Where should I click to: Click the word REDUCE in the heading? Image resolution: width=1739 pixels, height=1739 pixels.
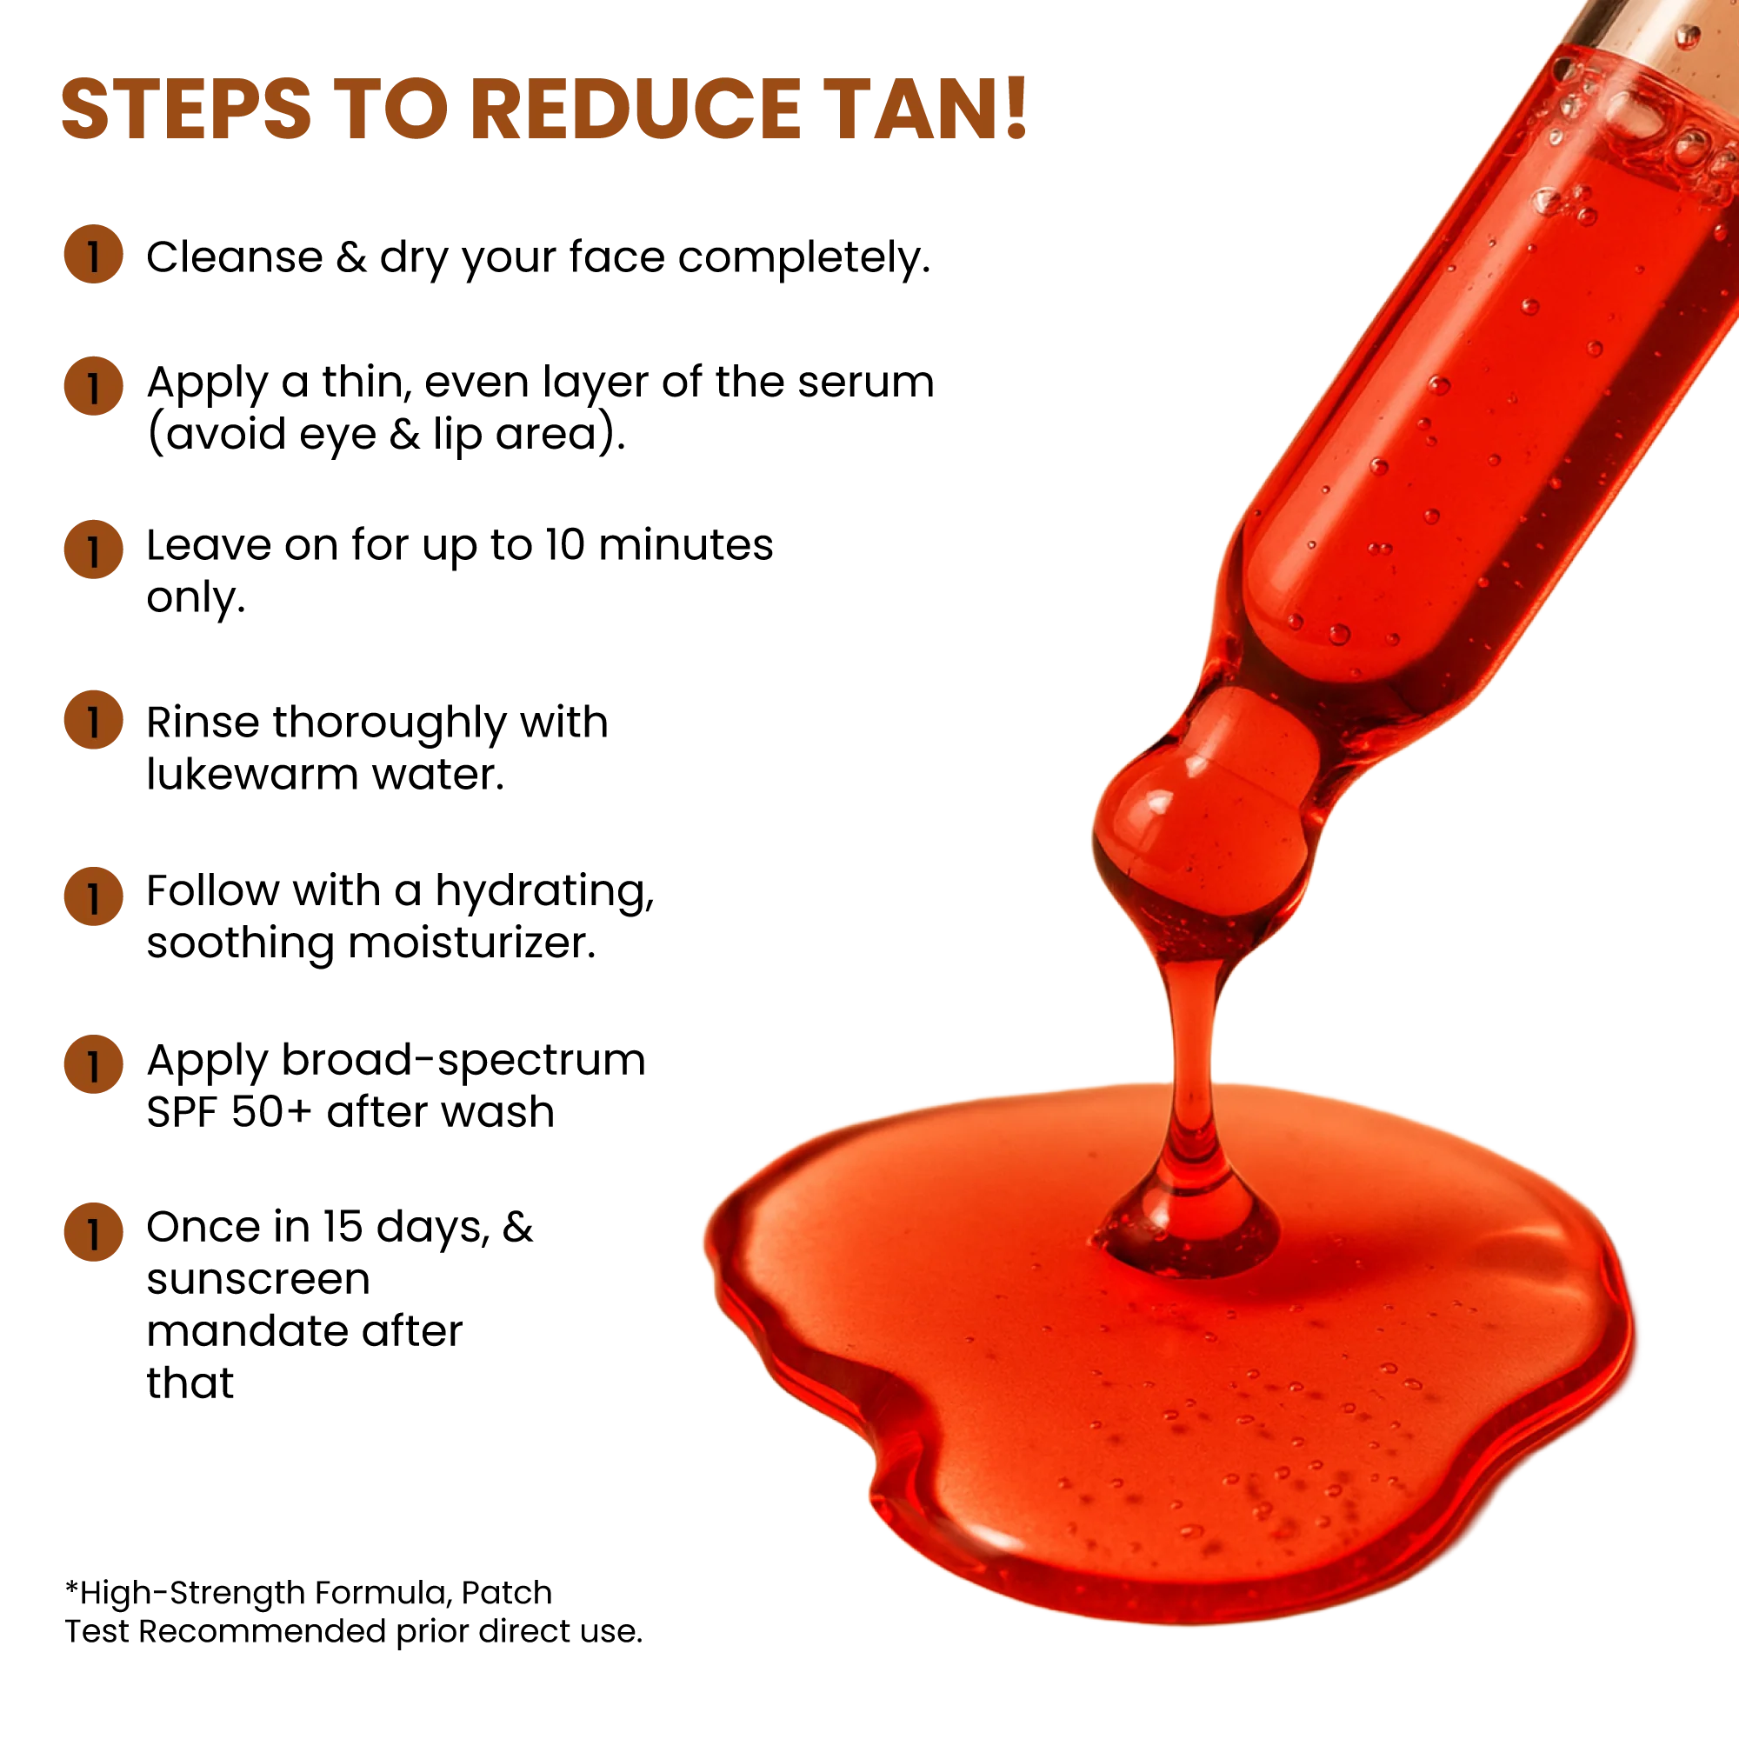coord(635,109)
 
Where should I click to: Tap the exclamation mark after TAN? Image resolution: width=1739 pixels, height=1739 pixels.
coord(1016,108)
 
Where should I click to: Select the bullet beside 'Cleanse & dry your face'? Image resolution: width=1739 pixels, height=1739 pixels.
coord(94,254)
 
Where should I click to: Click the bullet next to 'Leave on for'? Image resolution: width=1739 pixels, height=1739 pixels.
coord(94,549)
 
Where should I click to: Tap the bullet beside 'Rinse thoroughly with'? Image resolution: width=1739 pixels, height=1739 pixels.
coord(94,720)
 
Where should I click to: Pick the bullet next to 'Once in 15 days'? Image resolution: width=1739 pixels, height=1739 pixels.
coord(94,1231)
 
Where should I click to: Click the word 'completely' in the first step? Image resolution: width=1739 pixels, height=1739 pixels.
coord(803,259)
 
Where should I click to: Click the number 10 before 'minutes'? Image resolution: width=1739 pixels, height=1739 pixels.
coord(564,545)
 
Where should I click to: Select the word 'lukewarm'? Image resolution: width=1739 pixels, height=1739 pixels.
coord(253,774)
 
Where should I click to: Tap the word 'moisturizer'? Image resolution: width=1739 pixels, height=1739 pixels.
coord(471,943)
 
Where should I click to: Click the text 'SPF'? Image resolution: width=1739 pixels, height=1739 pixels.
coord(183,1111)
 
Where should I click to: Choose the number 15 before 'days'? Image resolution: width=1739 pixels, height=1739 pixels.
coord(343,1227)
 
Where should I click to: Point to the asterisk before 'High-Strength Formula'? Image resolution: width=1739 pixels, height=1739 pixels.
coord(71,1586)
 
